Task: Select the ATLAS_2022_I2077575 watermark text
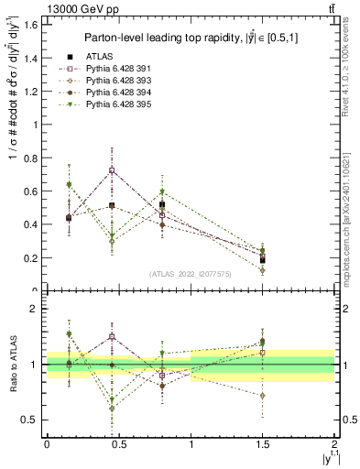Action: [x=191, y=273]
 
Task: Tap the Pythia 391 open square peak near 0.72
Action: [x=112, y=170]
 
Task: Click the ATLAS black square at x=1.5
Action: [x=263, y=260]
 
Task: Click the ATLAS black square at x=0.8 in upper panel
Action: [x=162, y=205]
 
